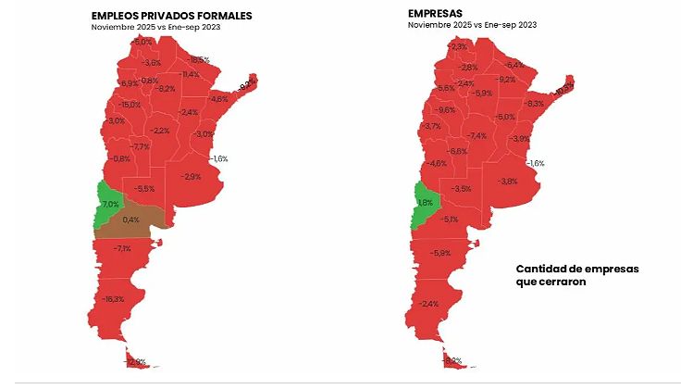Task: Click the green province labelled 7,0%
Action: click(108, 203)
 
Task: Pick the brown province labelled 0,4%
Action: click(130, 220)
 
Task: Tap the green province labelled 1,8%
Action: click(424, 203)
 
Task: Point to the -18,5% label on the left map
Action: click(198, 59)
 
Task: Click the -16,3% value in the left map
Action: click(114, 299)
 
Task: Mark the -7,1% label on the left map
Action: click(121, 248)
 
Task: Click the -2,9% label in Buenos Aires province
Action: click(192, 176)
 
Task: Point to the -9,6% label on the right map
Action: click(446, 110)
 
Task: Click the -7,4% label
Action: click(476, 136)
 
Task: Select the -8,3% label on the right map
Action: click(534, 104)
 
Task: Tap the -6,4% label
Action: click(514, 65)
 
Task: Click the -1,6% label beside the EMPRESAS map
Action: click(535, 163)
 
